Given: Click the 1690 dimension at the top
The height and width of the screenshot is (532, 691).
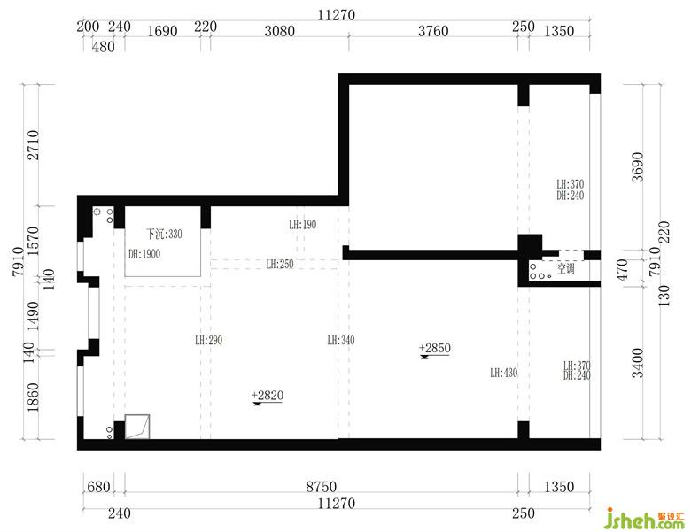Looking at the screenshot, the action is [162, 31].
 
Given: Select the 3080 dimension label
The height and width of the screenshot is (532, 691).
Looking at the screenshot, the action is [279, 31].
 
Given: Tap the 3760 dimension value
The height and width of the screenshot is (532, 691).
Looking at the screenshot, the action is [433, 31].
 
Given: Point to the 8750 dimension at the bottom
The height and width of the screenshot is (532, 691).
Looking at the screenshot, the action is [322, 487].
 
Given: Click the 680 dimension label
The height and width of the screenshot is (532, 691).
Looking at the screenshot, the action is [98, 487].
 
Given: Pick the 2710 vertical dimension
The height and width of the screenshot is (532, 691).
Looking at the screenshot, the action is [33, 145].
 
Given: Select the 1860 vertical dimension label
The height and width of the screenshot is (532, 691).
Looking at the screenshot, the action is [33, 397].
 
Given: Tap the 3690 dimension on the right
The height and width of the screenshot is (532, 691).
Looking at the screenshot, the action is [637, 167].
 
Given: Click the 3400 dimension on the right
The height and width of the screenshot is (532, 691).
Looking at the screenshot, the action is [637, 363].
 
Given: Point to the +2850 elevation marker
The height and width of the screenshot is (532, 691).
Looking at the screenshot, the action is [434, 349].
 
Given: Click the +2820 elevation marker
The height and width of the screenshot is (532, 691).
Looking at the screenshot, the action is [268, 396].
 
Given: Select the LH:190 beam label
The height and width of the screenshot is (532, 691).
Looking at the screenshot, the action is [303, 225].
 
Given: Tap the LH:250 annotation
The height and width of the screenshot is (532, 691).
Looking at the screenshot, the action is [280, 265].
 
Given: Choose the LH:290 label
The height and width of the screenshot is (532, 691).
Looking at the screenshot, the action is [208, 341].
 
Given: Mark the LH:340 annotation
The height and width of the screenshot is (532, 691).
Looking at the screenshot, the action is [341, 341].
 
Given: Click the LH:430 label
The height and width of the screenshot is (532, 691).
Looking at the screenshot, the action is [504, 373].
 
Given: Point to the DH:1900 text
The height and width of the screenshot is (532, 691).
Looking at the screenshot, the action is [144, 254].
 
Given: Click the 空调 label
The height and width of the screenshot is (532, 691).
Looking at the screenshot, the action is [566, 268].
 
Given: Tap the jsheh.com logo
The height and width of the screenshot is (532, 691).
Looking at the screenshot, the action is [645, 519].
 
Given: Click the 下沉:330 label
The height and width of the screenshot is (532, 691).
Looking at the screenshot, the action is [164, 234].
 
